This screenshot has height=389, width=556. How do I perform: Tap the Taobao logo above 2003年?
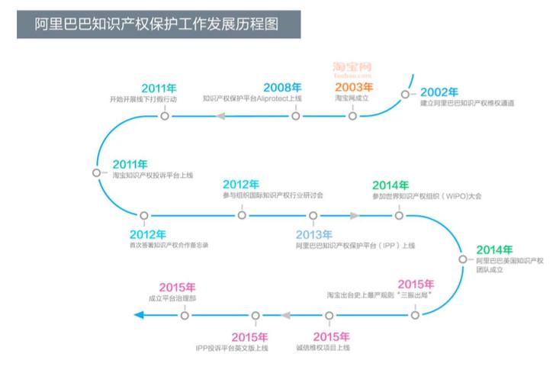pyautogui.click(x=352, y=71)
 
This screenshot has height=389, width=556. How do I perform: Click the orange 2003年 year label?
pyautogui.click(x=354, y=88)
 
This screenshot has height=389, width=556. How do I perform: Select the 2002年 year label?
pyautogui.click(x=439, y=92)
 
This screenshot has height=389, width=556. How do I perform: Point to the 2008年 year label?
pyautogui.click(x=282, y=88)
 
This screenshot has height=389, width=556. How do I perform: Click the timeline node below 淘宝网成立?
pyautogui.click(x=352, y=116)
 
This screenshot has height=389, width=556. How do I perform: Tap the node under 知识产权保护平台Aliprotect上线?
pyautogui.click(x=295, y=116)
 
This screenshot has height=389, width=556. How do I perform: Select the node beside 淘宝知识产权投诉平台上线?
pyautogui.click(x=96, y=172)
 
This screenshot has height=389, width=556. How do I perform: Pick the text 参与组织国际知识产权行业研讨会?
pyautogui.click(x=272, y=195)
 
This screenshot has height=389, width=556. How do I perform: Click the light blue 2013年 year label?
pyautogui.click(x=313, y=234)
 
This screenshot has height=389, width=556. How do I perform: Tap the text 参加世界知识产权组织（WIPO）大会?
pyautogui.click(x=426, y=196)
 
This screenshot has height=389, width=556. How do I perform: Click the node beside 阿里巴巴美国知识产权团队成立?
pyautogui.click(x=462, y=259)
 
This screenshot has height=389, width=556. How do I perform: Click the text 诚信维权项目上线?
pyautogui.click(x=323, y=348)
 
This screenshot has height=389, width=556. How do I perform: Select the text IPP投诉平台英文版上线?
pyautogui.click(x=232, y=348)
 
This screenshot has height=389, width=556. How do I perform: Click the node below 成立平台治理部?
pyautogui.click(x=185, y=314)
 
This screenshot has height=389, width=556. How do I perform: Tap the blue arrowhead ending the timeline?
pyautogui.click(x=139, y=314)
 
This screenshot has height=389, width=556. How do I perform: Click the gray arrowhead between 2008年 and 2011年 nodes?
pyautogui.click(x=223, y=116)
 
